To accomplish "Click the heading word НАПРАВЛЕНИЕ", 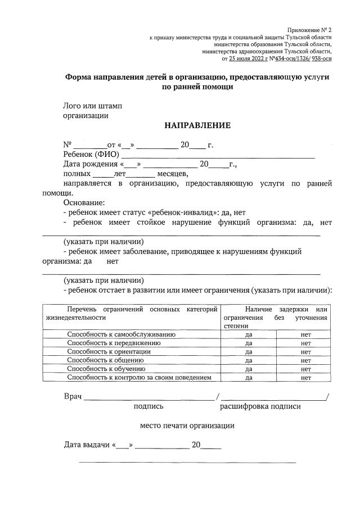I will point(197,125).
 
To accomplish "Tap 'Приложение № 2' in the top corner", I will point(309,29).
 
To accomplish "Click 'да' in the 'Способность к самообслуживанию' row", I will point(248,334).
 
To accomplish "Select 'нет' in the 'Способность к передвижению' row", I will point(305,343).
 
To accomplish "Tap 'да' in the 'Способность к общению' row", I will point(248,360).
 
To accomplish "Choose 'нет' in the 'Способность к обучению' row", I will point(305,369).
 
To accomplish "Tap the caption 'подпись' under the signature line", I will point(148,406).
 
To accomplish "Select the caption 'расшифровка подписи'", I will point(260,406).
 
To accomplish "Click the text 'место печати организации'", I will point(187,425).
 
